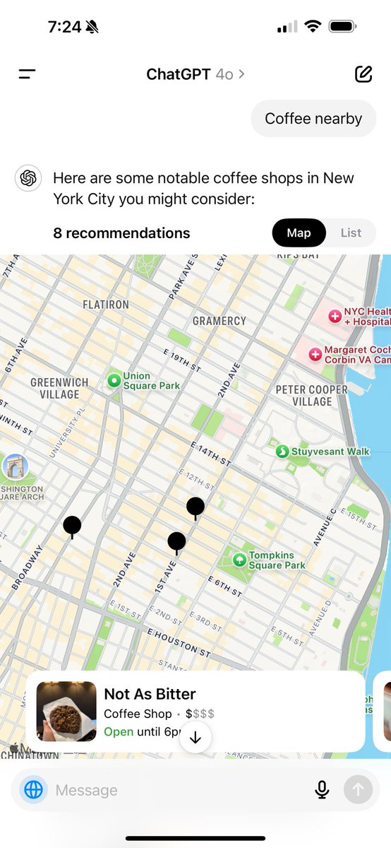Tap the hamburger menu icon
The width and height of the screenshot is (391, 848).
pyautogui.click(x=28, y=73)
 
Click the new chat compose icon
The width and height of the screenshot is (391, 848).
pyautogui.click(x=363, y=73)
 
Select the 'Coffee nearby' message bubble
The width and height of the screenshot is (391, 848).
pyautogui.click(x=313, y=119)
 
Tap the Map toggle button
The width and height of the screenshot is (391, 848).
pyautogui.click(x=299, y=233)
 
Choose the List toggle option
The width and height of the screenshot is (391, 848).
pyautogui.click(x=351, y=233)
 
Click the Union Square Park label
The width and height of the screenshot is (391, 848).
pyautogui.click(x=151, y=381)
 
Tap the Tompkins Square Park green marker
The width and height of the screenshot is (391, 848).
pyautogui.click(x=239, y=560)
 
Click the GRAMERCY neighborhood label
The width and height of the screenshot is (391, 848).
pyautogui.click(x=219, y=321)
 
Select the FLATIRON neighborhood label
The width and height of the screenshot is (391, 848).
pyautogui.click(x=106, y=305)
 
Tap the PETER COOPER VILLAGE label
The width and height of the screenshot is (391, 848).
pyautogui.click(x=311, y=395)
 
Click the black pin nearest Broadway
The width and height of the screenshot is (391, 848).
pyautogui.click(x=72, y=526)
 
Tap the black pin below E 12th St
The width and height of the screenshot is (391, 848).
pyautogui.click(x=195, y=507)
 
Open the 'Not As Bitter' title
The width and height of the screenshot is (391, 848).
pyautogui.click(x=150, y=694)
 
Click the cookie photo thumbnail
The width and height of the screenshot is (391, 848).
pyautogui.click(x=66, y=711)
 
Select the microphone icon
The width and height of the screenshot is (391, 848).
pyautogui.click(x=322, y=789)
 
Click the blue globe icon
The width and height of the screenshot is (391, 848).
pyautogui.click(x=33, y=789)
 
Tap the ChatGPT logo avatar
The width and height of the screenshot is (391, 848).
pyautogui.click(x=28, y=178)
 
